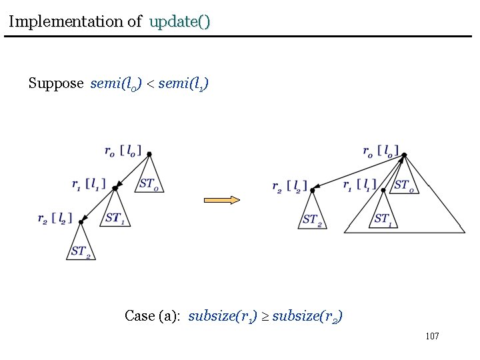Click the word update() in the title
pyautogui.click(x=180, y=21)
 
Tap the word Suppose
pyautogui.click(x=56, y=83)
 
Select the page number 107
pyautogui.click(x=432, y=336)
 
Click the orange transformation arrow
pyautogui.click(x=221, y=199)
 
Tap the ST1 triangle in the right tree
pyautogui.click(x=383, y=217)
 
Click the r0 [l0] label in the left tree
pyautogui.click(x=123, y=151)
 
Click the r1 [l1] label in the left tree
pyautogui.click(x=89, y=183)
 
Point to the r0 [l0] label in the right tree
pyautogui.click(x=381, y=151)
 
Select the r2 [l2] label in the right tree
pyautogui.click(x=290, y=187)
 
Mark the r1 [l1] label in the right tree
pyautogui.click(x=360, y=185)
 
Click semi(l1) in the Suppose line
pyautogui.click(x=183, y=83)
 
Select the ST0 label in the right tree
pyautogui.click(x=406, y=185)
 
